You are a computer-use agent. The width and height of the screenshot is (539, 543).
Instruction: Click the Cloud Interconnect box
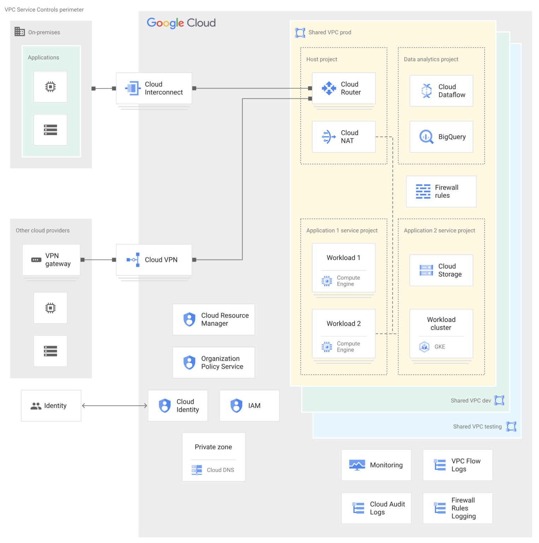154,88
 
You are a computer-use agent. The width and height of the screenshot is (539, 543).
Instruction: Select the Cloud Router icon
329,88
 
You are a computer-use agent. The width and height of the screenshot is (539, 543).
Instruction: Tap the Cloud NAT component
344,137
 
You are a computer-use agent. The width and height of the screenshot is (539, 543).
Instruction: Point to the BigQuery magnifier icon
426,137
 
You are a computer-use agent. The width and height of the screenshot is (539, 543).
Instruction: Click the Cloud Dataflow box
441,91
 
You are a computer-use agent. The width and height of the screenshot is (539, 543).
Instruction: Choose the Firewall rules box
441,191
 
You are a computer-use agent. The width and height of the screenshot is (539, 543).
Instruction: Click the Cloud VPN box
154,260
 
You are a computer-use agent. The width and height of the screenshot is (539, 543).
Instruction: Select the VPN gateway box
51,260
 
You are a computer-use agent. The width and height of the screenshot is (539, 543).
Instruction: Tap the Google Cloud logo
181,23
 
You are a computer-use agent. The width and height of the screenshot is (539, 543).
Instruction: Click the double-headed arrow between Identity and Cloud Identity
114,406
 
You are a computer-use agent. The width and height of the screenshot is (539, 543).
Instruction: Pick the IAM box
249,406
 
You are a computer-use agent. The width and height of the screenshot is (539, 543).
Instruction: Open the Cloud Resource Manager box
214,320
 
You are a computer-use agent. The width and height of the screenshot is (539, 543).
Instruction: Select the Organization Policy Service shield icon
189,363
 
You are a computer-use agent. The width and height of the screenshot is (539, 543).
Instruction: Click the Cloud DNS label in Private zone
220,470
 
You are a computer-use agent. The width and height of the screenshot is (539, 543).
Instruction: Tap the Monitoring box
376,465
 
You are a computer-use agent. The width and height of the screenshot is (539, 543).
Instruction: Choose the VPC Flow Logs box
458,465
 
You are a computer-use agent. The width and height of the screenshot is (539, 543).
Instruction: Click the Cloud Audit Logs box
376,508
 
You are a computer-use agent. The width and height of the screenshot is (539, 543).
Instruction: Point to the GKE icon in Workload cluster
424,347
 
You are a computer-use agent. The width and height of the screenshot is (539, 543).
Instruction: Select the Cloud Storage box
441,270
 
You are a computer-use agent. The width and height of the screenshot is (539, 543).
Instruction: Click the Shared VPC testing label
477,427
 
